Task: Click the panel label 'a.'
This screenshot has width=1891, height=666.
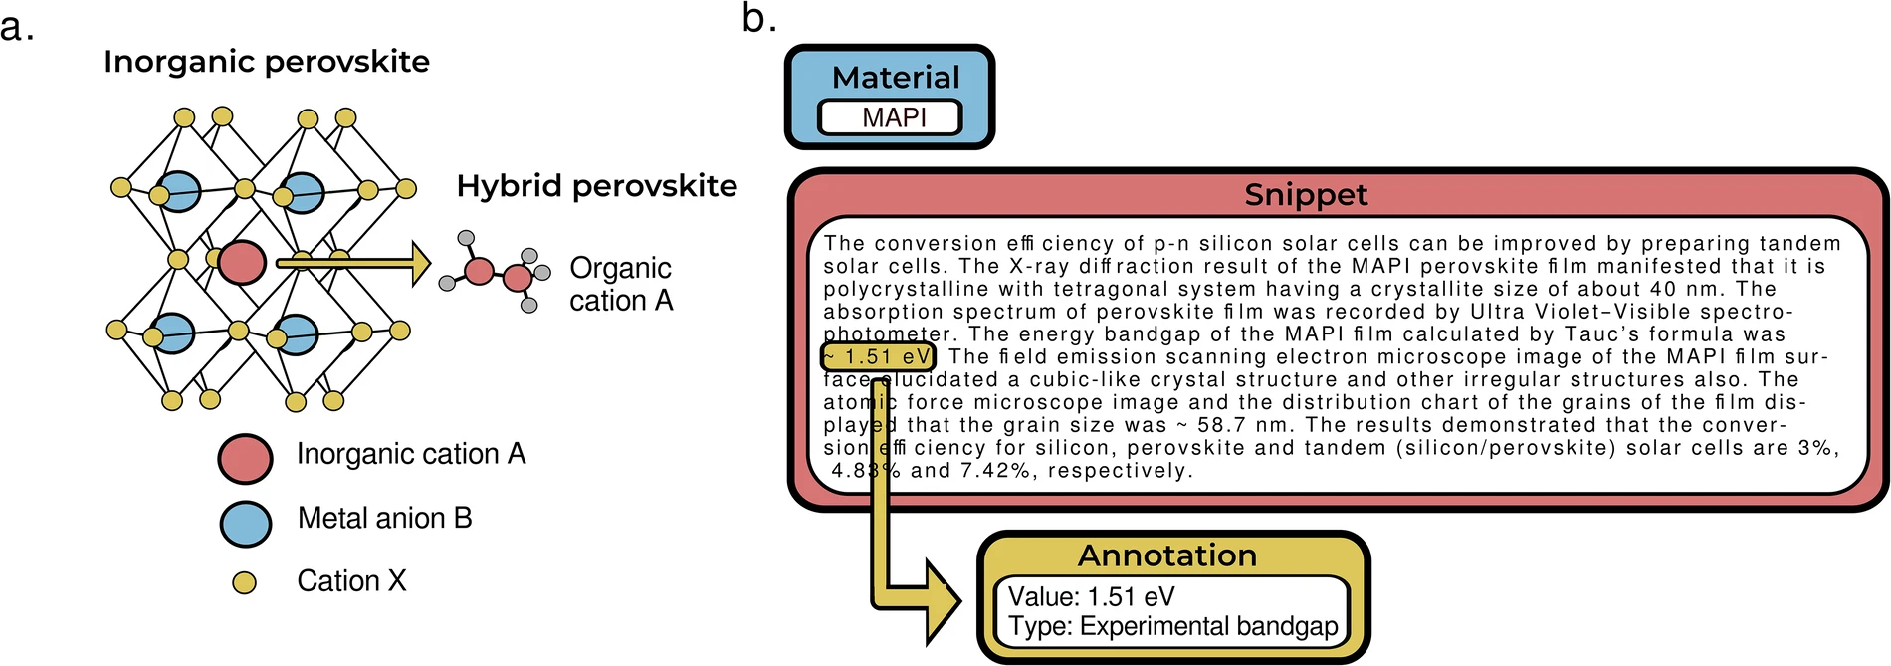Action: pos(17,28)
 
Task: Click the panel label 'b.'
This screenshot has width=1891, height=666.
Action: pos(758,18)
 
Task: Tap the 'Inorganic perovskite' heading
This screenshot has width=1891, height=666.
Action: pos(267,62)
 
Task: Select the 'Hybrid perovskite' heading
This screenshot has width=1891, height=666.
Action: pos(597,186)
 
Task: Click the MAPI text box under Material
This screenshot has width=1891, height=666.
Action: pos(890,117)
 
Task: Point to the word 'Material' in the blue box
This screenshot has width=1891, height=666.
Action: pos(896,78)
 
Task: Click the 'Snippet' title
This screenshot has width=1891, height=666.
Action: pos(1306,194)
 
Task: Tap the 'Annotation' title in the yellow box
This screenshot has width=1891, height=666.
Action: pos(1167,555)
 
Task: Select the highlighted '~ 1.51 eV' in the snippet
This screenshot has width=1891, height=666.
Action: pos(878,356)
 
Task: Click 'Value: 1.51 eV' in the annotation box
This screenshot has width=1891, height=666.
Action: pos(1091,596)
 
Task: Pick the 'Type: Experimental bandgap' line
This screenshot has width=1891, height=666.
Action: pos(1172,626)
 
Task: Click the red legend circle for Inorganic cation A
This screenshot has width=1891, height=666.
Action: pos(245,458)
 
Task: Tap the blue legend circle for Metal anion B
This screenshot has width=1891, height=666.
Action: pos(245,523)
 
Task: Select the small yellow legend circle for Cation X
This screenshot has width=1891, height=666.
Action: pos(244,582)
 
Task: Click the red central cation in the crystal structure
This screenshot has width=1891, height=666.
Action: pos(242,263)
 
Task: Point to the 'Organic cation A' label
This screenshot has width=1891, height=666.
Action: pos(621,284)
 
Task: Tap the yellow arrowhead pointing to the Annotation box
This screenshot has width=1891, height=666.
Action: pos(942,600)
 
